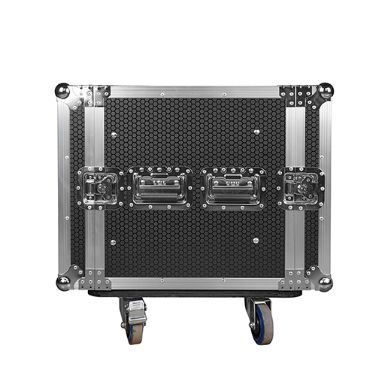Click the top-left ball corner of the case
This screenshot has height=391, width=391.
point(62,91)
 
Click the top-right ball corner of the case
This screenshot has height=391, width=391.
point(325,91)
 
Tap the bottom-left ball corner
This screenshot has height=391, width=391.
point(63,282)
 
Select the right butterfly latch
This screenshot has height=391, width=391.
point(300,187)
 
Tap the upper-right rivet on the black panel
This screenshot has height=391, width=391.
point(256,132)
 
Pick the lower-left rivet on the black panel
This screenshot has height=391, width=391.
point(113,242)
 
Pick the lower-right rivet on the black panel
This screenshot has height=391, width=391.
point(256,241)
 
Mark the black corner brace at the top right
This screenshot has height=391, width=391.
point(296,96)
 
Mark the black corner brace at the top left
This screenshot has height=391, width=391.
point(97,95)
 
